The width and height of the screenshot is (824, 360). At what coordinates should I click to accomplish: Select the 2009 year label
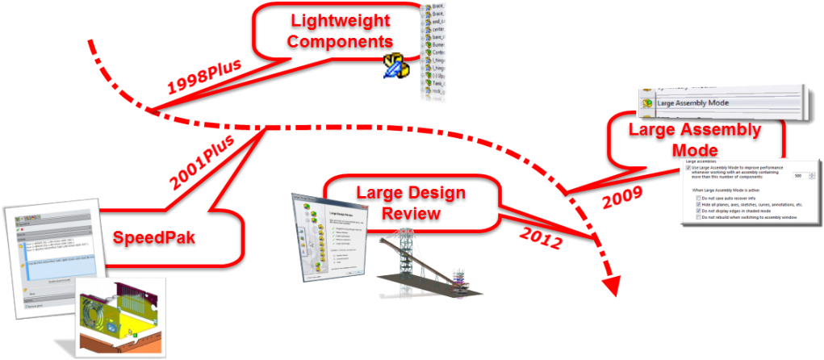point(623,194)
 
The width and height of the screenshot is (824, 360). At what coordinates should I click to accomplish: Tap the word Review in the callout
point(411,213)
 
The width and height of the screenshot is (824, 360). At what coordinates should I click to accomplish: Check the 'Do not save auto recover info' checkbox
point(698,198)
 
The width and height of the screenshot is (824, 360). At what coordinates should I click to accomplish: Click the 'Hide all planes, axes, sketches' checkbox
point(698,205)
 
